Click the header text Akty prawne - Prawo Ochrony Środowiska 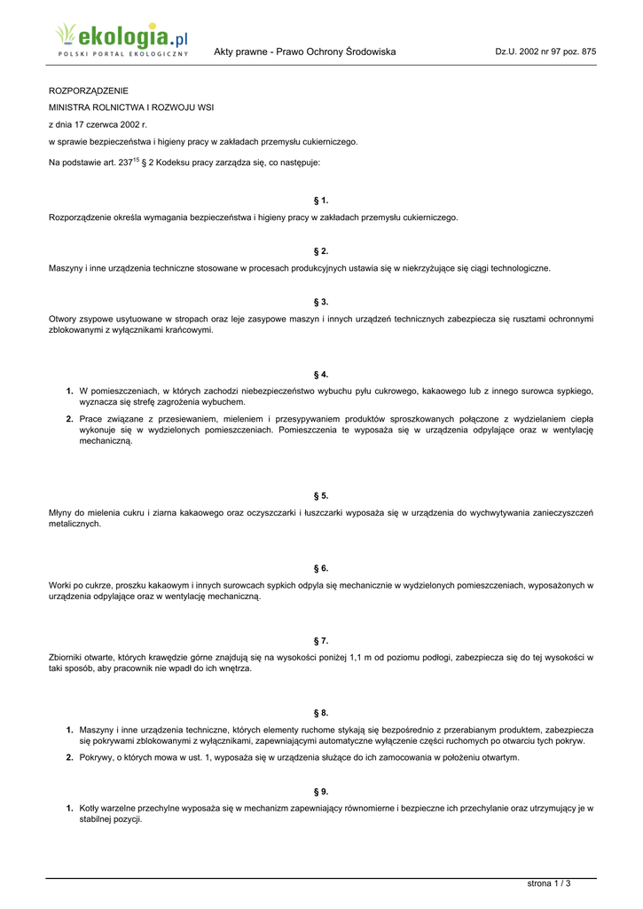[304, 52]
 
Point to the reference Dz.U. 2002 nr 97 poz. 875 [545, 52]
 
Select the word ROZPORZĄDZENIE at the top [89, 91]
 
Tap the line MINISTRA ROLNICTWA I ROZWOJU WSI [130, 107]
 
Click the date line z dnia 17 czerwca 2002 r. [98, 124]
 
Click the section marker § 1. [321, 201]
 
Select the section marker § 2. [321, 251]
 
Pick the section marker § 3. [321, 302]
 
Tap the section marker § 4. [321, 375]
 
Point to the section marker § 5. [321, 495]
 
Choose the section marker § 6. [321, 568]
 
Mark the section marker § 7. [321, 640]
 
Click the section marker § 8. [321, 713]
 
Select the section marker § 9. [321, 791]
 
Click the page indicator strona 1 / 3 [549, 883]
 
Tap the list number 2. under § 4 [69, 418]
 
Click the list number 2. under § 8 [69, 757]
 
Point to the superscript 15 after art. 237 [136, 160]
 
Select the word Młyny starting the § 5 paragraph [62, 512]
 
